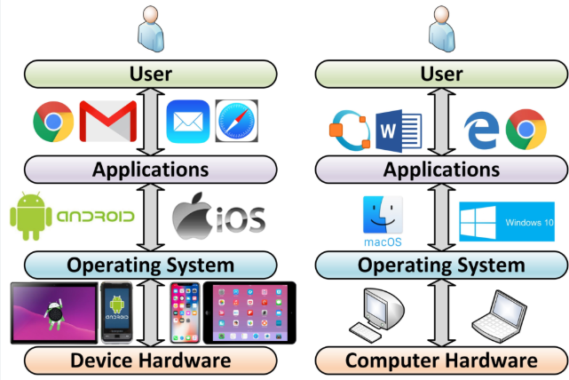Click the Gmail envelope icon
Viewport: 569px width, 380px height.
click(108, 122)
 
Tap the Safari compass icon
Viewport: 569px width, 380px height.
click(237, 121)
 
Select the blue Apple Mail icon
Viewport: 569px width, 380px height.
click(188, 122)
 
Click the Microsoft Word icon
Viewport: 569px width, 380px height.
click(399, 131)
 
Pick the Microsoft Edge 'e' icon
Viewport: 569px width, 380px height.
click(481, 131)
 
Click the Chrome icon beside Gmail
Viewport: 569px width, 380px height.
click(53, 122)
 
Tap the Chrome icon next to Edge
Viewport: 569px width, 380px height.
click(526, 130)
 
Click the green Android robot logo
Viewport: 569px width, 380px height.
click(31, 217)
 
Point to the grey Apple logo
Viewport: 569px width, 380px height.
click(193, 216)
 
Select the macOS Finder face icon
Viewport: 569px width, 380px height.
click(383, 215)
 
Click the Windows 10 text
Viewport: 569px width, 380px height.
click(529, 222)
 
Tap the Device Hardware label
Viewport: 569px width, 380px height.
click(151, 360)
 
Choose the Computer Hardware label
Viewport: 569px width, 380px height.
click(441, 360)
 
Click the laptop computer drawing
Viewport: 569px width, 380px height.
click(500, 316)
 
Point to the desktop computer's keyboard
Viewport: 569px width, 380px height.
click(365, 332)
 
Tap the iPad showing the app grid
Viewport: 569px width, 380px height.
click(249, 313)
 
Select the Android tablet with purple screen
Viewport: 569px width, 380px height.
click(54, 313)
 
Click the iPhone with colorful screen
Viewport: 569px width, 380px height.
click(185, 313)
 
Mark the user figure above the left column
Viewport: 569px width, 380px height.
click(151, 28)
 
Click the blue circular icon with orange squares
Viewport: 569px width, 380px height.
click(350, 131)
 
